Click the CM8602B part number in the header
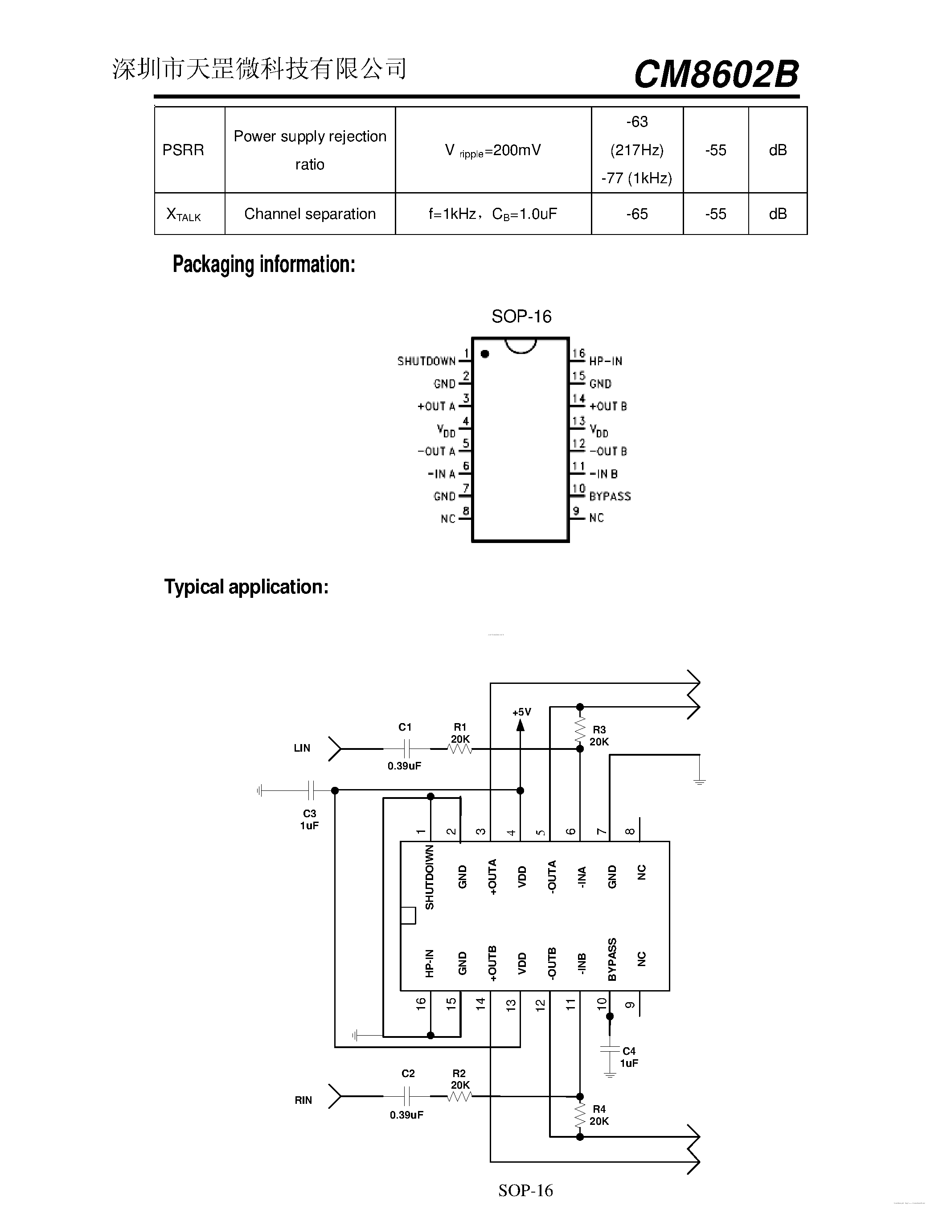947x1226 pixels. click(x=716, y=74)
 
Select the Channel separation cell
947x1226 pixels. click(x=310, y=214)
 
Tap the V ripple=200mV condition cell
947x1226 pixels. click(x=492, y=150)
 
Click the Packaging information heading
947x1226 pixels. click(x=264, y=264)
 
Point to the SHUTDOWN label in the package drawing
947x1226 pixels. click(x=426, y=361)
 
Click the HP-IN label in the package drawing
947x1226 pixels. click(x=605, y=361)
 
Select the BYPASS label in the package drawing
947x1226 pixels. click(x=610, y=496)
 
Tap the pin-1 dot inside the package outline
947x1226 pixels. click(x=485, y=354)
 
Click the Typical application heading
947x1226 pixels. click(x=246, y=587)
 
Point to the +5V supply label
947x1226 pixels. click(x=521, y=712)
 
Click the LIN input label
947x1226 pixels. click(x=302, y=748)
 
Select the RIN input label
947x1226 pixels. click(x=303, y=1100)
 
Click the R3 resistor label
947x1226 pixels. click(x=599, y=730)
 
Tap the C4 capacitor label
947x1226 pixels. click(x=629, y=1051)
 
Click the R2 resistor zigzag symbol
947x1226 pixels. click(x=460, y=1096)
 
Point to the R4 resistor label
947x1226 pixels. click(x=599, y=1109)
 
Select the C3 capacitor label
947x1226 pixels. click(x=310, y=814)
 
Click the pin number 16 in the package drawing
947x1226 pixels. click(x=578, y=353)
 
